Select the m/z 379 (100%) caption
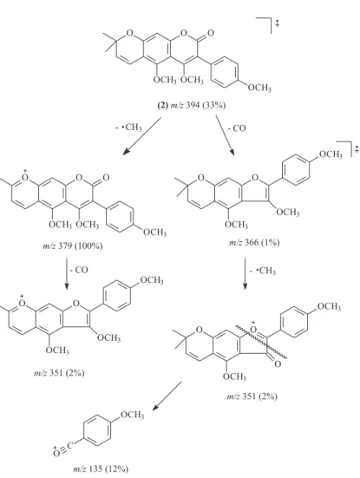pos(73,246)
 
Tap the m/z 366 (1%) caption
pos(254,243)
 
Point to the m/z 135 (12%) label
pos(101,468)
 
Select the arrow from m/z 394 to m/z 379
pos(142,136)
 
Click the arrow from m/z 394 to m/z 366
pos(226,135)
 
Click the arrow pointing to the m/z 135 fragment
pos(167,396)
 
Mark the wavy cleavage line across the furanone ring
pos(261,342)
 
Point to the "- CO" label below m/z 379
pos(79,270)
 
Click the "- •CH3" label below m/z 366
pos(263,271)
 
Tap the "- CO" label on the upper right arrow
pos(237,128)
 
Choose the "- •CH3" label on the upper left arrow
pos(128,128)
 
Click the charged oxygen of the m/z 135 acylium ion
pos(56,452)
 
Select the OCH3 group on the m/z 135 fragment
pos(133,416)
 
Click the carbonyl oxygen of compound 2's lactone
pos(210,33)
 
